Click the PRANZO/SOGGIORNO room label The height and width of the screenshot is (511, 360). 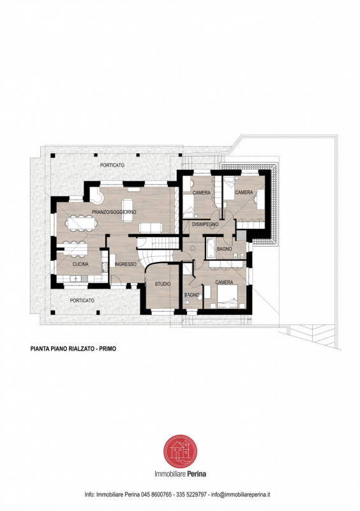114,212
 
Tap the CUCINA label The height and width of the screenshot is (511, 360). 80,264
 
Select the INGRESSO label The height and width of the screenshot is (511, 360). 126,264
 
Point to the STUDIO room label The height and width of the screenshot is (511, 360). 163,284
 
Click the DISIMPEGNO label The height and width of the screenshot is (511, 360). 205,224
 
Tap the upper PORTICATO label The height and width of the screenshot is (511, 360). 112,165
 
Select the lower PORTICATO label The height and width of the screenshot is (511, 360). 82,300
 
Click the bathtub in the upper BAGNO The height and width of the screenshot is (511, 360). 210,248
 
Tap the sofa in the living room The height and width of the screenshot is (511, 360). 151,227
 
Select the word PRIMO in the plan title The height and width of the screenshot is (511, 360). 107,349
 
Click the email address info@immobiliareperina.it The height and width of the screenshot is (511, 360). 241,494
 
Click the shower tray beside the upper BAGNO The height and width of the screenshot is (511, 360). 241,235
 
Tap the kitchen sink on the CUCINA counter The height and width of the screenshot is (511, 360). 75,279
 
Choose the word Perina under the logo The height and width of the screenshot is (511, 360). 197,473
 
